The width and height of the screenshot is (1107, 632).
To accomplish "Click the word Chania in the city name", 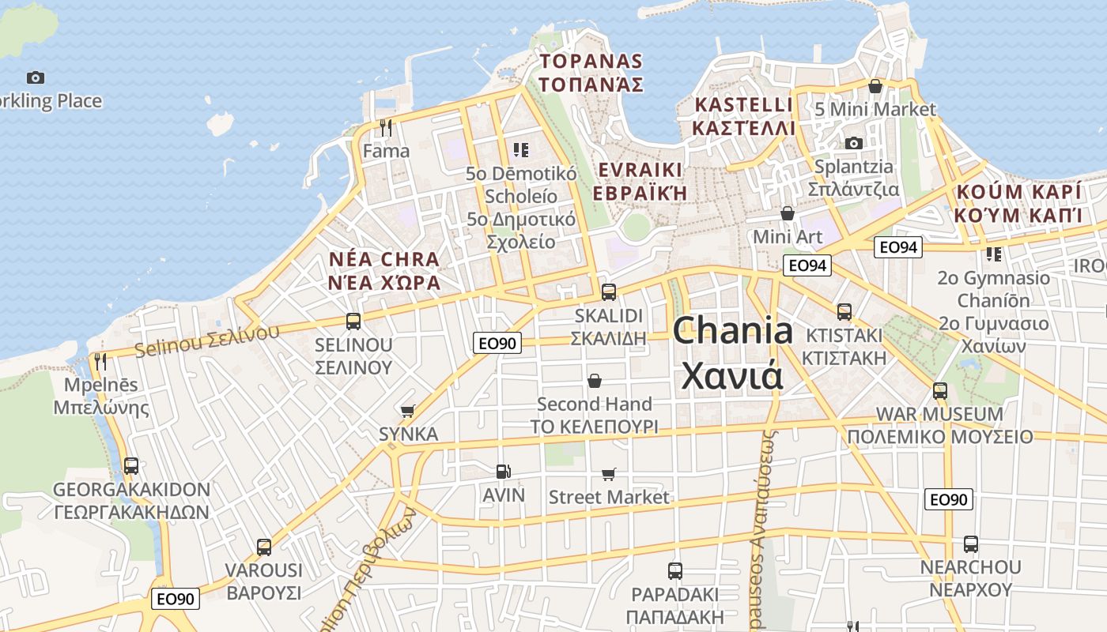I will point(732,330).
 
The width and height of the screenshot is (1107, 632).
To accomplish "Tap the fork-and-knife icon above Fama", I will point(386,127).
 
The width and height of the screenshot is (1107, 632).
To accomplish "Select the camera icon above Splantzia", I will point(853,143).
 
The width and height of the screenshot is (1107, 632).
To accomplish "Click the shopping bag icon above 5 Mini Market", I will point(875,85).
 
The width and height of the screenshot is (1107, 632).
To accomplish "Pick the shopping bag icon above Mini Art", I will point(787,213).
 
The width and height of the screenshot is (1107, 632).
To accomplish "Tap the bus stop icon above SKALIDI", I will point(609,292).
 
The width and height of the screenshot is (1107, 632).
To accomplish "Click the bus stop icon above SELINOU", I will point(353,322).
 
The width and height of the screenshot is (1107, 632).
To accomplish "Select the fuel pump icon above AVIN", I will point(503,472).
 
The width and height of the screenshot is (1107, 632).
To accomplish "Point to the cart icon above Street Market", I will point(608,474).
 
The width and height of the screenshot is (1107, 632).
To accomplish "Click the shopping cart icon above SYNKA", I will point(408,411).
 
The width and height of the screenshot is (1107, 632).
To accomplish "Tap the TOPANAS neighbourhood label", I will point(591,62).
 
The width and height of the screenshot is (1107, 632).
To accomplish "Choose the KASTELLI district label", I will point(742,105).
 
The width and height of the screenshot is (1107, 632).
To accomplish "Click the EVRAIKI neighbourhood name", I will point(640,171).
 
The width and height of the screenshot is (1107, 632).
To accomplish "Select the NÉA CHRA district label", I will point(383,260).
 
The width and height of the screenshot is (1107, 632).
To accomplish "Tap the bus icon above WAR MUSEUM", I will point(939,390).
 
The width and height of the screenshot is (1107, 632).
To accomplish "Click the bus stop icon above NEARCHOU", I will point(970,544).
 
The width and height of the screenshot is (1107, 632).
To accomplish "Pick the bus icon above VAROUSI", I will point(264,547).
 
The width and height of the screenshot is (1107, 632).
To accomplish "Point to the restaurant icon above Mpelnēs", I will point(100,362).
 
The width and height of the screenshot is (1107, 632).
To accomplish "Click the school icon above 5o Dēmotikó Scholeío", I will point(520,149).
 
